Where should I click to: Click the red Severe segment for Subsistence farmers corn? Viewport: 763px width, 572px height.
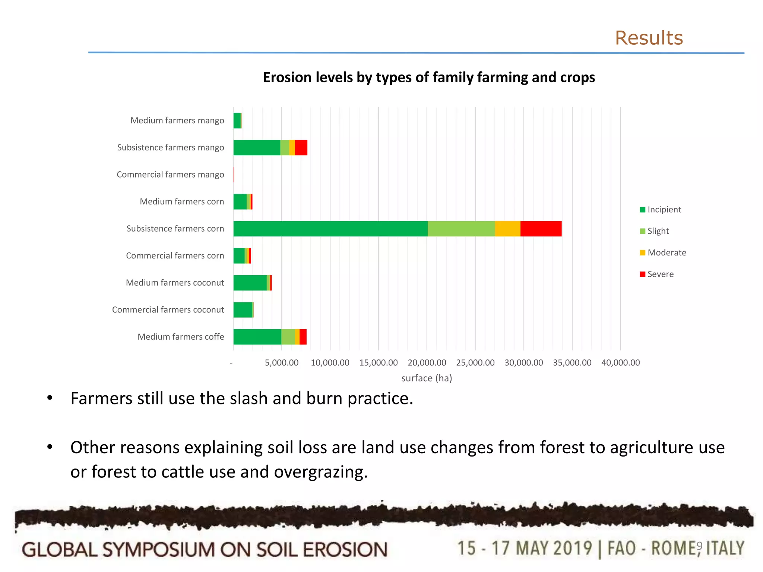point(541,229)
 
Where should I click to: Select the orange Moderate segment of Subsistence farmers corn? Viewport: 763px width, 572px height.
point(507,229)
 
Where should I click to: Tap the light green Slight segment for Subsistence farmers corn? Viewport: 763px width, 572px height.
point(461,229)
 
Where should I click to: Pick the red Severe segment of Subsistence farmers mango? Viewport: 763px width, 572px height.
point(301,147)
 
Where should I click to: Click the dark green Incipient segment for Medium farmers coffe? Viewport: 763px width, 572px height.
point(257,337)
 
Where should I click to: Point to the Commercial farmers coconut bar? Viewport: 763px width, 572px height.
point(243,310)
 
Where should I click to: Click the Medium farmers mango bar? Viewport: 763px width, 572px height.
point(237,121)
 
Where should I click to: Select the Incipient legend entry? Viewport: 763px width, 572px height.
point(664,210)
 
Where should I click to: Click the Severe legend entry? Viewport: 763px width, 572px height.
point(660,274)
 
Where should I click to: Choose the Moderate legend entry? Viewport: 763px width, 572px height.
point(667,253)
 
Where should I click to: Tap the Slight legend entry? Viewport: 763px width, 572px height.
point(658,231)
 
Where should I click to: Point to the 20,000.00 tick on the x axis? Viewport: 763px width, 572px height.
point(427,363)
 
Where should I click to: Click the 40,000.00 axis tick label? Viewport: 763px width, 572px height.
point(621,363)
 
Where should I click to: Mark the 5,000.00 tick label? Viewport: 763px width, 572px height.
point(282,363)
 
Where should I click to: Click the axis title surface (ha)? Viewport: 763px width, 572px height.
point(427,378)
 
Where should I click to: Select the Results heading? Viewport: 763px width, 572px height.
point(649,38)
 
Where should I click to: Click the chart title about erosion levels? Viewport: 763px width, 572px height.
point(429,77)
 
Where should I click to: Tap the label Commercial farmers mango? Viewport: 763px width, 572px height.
point(170,175)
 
